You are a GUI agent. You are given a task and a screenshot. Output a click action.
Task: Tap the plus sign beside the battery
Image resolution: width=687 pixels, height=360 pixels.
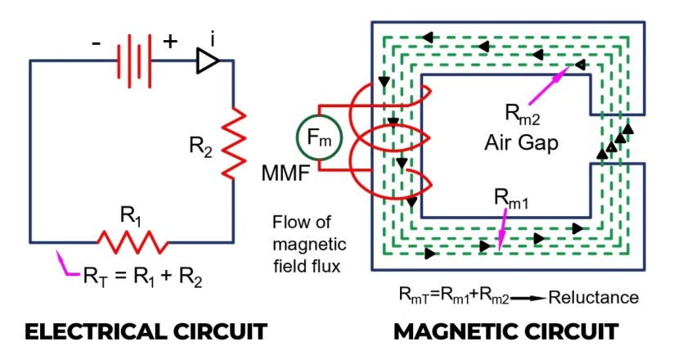(x=170, y=42)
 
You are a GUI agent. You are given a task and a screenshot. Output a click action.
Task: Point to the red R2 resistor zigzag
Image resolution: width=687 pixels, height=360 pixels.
(x=234, y=143)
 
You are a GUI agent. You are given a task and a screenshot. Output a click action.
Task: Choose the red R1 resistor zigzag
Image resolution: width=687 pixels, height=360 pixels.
(x=133, y=241)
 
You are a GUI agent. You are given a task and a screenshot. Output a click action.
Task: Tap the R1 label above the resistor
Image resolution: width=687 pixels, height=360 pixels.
(x=131, y=216)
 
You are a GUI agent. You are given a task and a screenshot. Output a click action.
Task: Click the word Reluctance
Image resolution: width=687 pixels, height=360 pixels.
(x=593, y=297)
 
